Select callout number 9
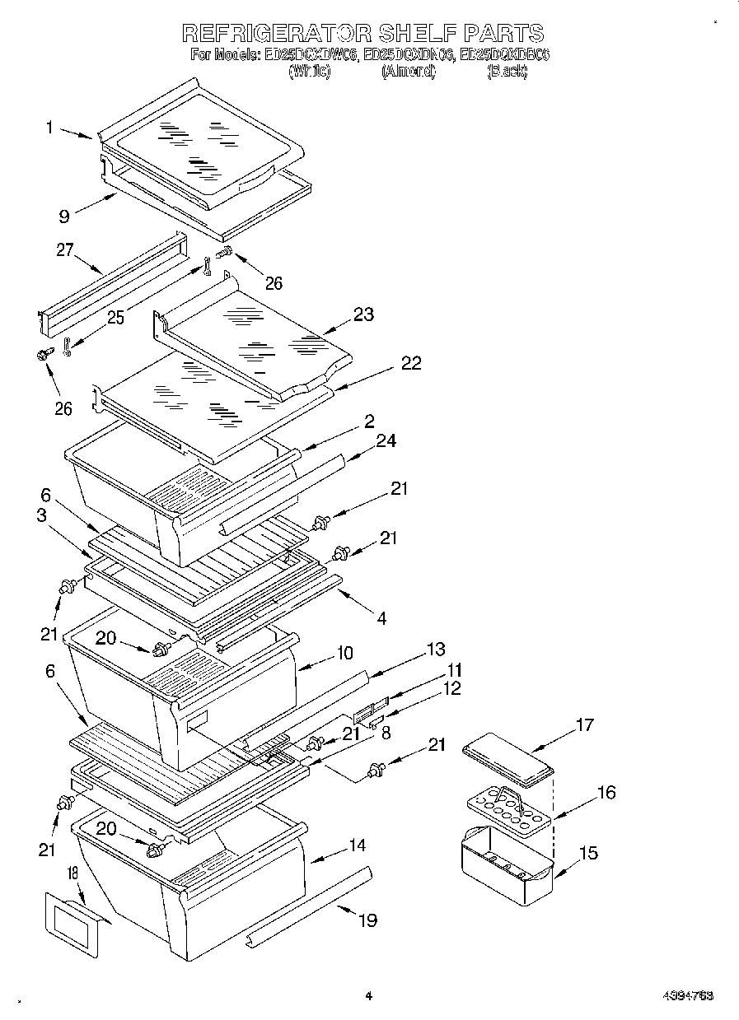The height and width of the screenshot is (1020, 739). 63,217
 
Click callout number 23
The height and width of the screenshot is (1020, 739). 363,314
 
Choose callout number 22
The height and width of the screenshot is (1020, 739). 410,363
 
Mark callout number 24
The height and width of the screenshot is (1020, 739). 385,441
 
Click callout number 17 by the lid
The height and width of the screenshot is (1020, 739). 584,725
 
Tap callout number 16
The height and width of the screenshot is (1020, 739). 606,793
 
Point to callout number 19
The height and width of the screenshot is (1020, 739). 367,920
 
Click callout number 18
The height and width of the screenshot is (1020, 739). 72,873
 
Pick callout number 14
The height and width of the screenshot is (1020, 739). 357,845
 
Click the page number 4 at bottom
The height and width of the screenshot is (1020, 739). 368,995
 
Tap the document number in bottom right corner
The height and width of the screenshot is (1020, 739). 687,995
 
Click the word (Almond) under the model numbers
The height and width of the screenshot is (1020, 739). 408,72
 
